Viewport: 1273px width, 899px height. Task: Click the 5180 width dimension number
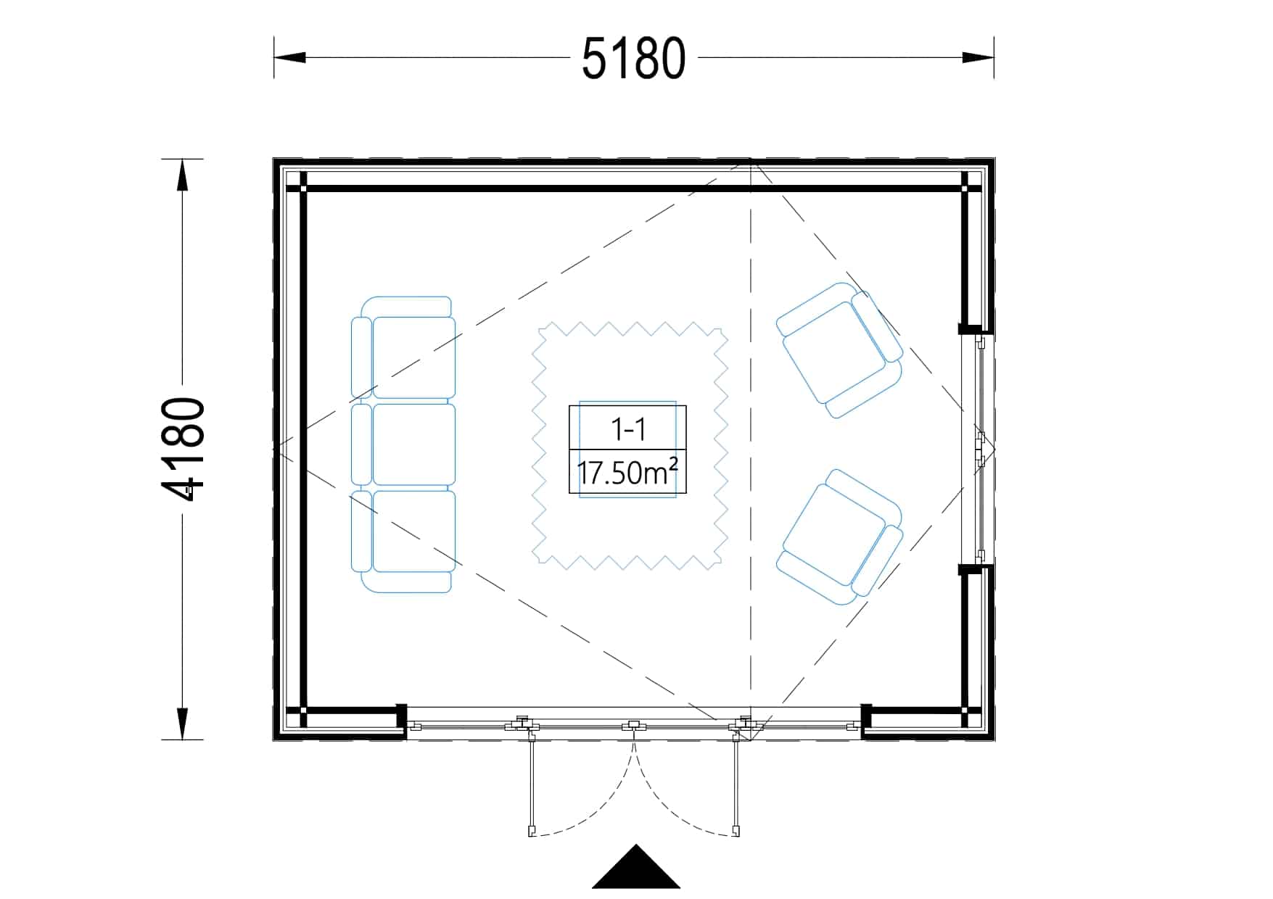633,58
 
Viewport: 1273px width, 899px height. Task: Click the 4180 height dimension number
183,449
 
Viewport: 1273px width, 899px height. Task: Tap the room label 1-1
628,430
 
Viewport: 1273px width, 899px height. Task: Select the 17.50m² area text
628,473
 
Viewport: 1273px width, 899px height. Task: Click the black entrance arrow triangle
636,867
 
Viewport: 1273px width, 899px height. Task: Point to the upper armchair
840,350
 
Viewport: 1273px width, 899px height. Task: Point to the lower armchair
840,537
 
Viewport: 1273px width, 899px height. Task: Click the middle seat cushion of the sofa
413,444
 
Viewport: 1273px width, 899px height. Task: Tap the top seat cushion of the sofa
413,357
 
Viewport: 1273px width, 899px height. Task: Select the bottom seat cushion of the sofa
413,531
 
